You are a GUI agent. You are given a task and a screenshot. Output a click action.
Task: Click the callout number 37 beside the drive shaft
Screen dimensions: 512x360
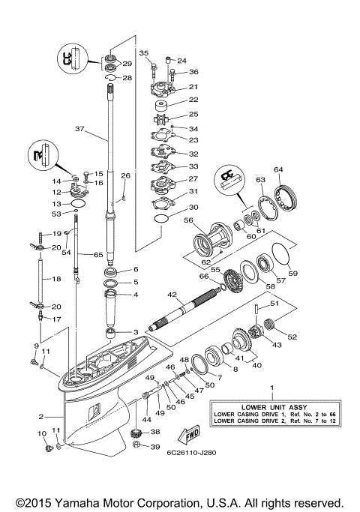tap(81, 129)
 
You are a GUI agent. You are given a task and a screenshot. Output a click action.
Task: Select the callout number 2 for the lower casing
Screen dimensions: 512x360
tap(40, 416)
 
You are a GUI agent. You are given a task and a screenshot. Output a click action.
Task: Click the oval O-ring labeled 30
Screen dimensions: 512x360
tap(158, 218)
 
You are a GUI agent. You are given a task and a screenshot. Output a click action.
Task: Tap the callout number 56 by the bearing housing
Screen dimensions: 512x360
tap(188, 221)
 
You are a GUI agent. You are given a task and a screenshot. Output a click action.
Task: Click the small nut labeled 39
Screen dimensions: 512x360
tap(137, 446)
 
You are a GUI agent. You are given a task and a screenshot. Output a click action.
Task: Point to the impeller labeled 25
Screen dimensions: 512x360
tap(158, 117)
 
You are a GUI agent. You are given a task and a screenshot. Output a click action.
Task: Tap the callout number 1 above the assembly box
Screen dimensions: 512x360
tap(271, 387)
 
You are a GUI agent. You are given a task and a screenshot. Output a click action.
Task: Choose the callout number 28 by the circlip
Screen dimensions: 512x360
tap(127, 78)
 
